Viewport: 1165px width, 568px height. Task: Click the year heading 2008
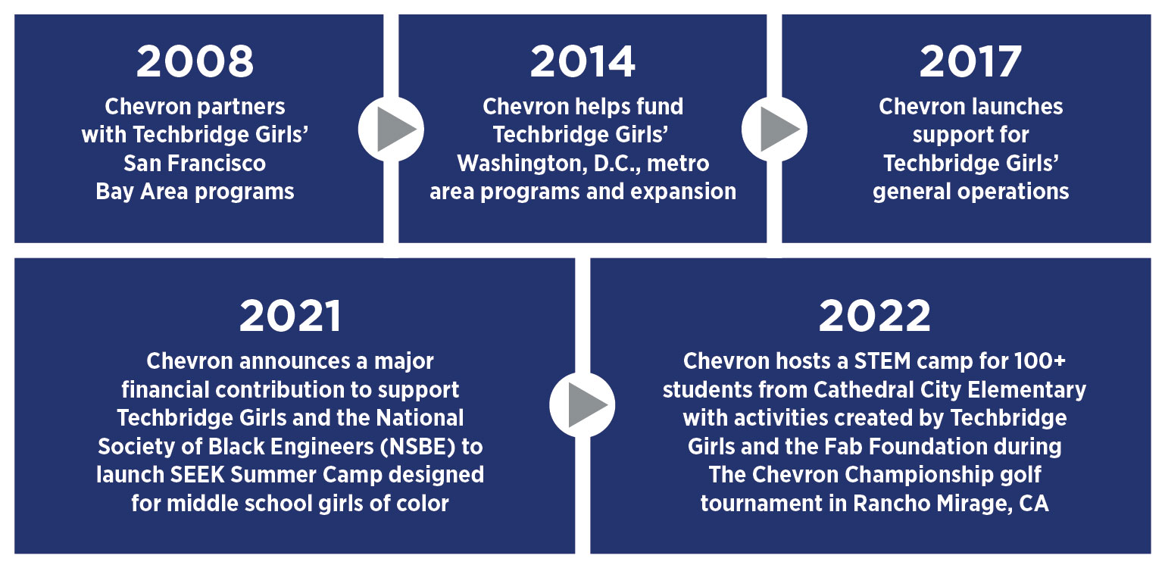195,61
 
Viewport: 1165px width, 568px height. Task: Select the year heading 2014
582,61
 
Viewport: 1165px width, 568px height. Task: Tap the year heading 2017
970,61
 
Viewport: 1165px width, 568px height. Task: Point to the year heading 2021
290,316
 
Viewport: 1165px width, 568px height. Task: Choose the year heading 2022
875,316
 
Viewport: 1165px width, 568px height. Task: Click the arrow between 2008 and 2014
391,129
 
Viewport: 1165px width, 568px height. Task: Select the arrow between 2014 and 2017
774,129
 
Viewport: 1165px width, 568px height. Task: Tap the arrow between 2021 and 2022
582,404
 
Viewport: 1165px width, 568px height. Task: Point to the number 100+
1040,361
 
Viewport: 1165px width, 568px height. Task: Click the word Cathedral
864,390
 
